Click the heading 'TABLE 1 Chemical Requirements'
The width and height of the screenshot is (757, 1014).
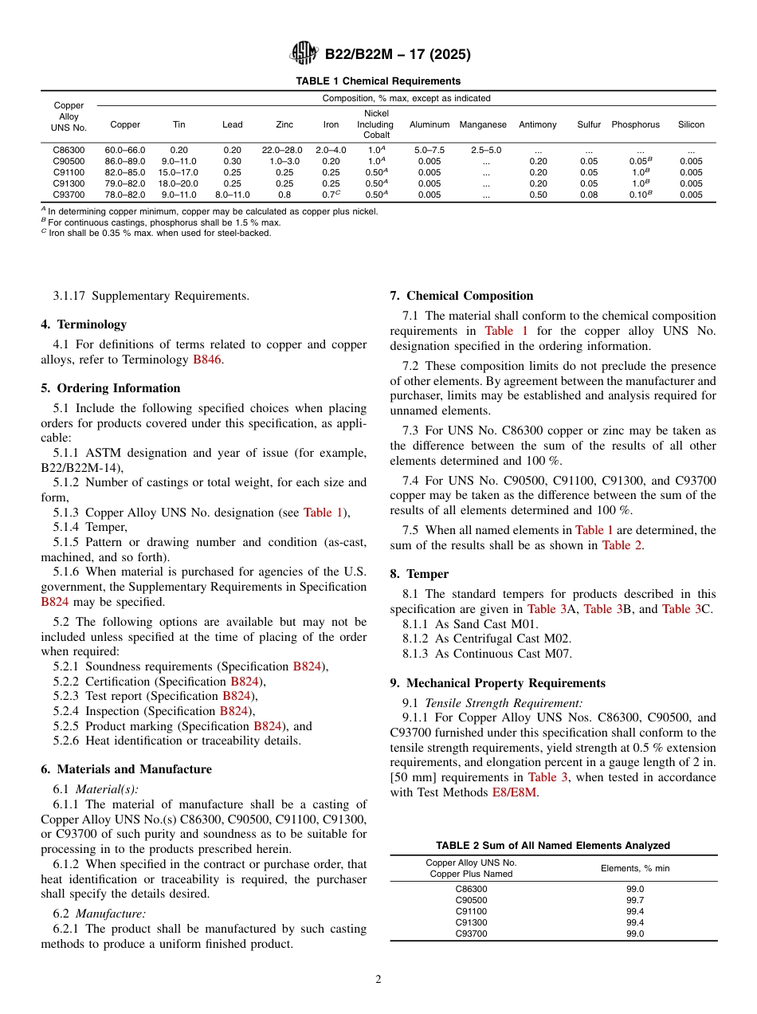[378, 81]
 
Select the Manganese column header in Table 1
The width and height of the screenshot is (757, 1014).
[483, 124]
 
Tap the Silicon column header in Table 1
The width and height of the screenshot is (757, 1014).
[691, 124]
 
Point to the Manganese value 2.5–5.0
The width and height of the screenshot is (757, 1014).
[485, 150]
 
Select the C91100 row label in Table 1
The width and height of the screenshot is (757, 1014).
[69, 172]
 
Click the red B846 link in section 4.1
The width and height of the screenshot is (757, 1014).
[207, 360]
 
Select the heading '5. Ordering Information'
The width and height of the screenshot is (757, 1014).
[111, 388]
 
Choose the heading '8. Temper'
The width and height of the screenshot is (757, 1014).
[419, 574]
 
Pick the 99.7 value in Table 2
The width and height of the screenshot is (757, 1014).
[634, 900]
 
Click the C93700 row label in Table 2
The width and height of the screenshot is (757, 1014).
[471, 933]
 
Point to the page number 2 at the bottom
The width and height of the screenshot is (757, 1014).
[378, 980]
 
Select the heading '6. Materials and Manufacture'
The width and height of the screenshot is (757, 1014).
[126, 769]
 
